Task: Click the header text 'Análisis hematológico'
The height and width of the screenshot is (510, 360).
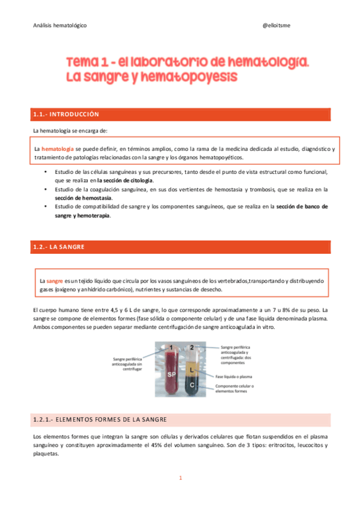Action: coord(59,26)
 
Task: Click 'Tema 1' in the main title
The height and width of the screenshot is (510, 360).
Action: coord(89,63)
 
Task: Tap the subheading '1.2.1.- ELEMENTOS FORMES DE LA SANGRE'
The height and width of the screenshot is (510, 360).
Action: coord(100,419)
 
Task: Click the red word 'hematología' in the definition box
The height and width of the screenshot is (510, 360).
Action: coord(58,148)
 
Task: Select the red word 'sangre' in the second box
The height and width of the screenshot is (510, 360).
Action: coord(55,281)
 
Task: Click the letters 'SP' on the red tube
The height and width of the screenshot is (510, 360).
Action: coord(171,374)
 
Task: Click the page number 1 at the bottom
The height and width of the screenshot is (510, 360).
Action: coord(180,478)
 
